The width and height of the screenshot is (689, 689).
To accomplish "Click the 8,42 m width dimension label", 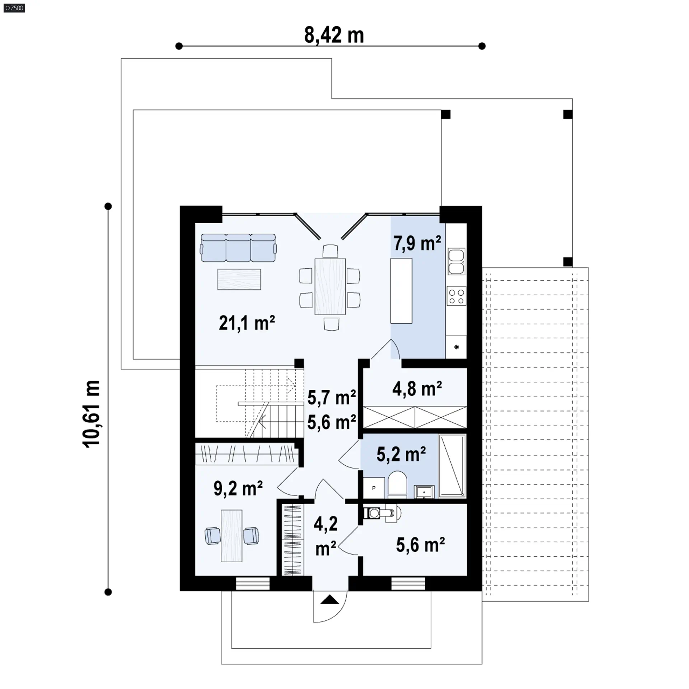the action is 334,35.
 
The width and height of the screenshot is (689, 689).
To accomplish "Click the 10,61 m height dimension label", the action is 91,414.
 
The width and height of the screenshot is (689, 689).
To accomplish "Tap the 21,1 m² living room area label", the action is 247,323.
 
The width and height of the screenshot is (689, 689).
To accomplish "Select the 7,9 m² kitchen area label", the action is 417,243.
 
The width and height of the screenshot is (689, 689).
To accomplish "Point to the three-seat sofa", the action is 238,248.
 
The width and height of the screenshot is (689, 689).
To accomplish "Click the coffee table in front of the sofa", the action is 239,279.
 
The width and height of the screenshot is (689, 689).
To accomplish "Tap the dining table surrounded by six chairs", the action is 330,286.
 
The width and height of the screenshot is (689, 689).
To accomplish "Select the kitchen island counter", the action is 401,291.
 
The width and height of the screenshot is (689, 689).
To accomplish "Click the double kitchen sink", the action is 456,262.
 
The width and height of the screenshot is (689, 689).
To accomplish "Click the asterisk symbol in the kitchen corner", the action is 456,347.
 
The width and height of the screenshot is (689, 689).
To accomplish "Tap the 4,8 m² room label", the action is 417,389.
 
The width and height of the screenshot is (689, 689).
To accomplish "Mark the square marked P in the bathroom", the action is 374,488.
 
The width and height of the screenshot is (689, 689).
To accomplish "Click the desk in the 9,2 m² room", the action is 231,536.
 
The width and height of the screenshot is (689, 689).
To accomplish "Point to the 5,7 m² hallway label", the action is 332,398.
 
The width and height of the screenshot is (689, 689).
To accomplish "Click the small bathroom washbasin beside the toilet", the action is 424,492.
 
